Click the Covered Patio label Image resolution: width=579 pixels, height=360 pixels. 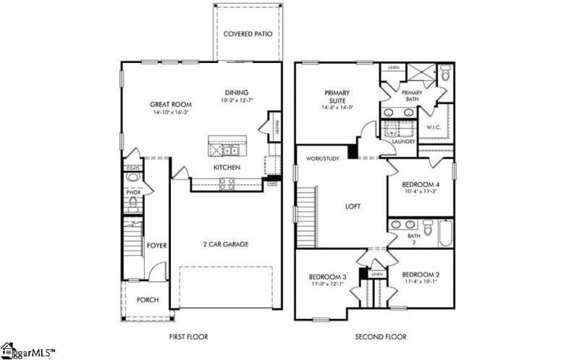pos(247,34)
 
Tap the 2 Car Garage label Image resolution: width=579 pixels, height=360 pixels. pos(225,244)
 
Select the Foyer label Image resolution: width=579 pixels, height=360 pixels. pos(157,246)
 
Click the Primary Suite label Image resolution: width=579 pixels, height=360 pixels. pos(337,96)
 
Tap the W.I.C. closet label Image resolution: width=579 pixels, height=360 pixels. pos(434,127)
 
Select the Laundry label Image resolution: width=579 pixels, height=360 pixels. pos(403,142)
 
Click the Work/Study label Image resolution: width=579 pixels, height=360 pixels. pos(322,158)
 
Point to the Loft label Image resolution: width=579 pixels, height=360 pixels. pos(353,206)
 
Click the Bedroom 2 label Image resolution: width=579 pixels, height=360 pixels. pos(420,275)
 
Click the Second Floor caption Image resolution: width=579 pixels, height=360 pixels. pos(381,337)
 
